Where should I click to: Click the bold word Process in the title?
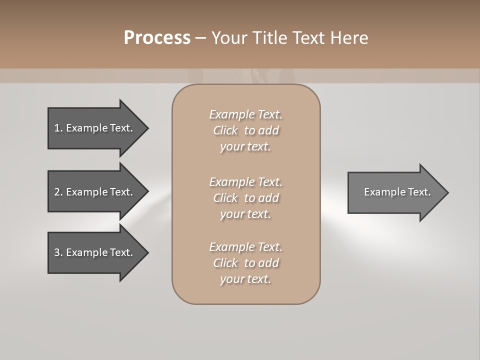(x=157, y=38)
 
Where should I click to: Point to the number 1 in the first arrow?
(x=57, y=128)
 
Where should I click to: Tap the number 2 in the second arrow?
(x=57, y=192)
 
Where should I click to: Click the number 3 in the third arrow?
(x=57, y=252)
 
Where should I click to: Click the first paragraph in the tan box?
(x=245, y=130)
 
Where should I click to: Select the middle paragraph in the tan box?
(x=245, y=197)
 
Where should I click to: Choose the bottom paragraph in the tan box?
(x=245, y=263)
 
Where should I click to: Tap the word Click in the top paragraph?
(x=225, y=130)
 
